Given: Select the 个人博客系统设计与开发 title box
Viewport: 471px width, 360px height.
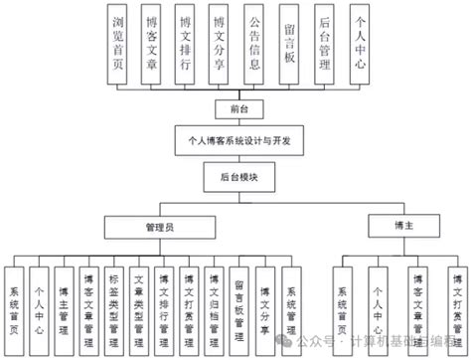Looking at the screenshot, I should tap(235, 139).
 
